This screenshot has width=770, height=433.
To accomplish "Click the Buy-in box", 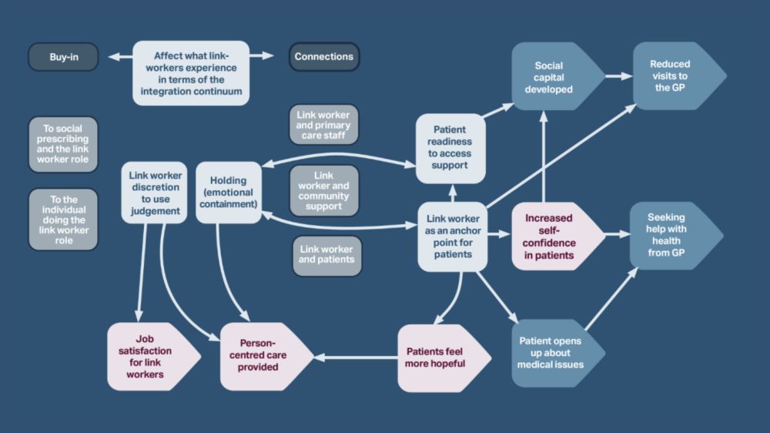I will [x=63, y=57].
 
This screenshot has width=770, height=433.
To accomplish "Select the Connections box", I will [x=323, y=57].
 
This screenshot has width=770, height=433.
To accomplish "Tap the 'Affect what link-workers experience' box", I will [x=191, y=73].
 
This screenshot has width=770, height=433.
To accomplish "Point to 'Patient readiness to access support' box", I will [x=450, y=149].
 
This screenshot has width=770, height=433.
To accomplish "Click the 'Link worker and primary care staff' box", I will [x=324, y=125].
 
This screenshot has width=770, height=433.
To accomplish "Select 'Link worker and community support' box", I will [x=324, y=190].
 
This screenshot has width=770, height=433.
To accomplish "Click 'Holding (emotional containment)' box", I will [x=229, y=193].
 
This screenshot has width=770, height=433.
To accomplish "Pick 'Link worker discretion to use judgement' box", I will [x=154, y=193].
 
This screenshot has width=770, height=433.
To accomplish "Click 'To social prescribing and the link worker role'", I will [x=63, y=144].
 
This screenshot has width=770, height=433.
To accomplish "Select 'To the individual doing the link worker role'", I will [x=63, y=220].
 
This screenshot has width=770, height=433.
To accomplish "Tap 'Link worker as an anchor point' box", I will [x=453, y=237].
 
